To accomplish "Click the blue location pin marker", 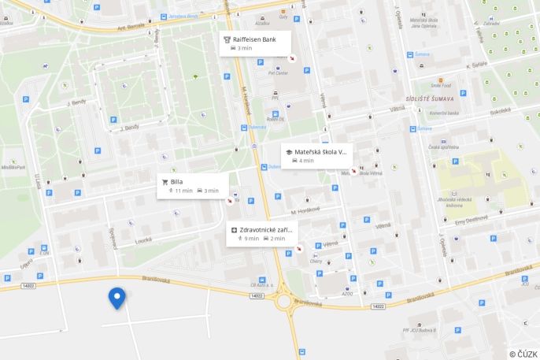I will click(117, 298).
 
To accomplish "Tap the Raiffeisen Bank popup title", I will click(254, 39).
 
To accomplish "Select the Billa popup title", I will click(176, 181).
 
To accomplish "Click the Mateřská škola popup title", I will click(320, 151).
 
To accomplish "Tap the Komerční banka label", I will click(443, 113).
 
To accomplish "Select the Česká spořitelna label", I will click(444, 147).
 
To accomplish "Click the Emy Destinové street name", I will click(472, 221).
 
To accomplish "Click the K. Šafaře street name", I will click(477, 65).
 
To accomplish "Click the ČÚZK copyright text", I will click(523, 354).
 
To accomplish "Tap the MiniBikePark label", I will click(13, 167).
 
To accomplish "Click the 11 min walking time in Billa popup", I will click(183, 191).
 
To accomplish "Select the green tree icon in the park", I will click(195, 76).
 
